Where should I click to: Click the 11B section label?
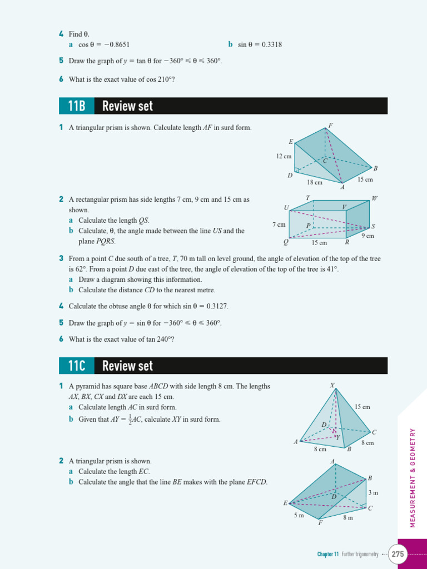coord(77,106)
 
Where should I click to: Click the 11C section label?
coord(77,366)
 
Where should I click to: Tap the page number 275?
coord(398,554)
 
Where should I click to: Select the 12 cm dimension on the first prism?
coord(284,157)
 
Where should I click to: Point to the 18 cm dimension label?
coord(315,182)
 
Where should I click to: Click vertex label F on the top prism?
coord(330,126)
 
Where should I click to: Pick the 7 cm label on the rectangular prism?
coord(279,224)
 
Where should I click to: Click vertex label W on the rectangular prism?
coord(374,198)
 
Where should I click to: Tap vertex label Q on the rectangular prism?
coord(286,242)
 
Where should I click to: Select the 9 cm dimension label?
coord(368,236)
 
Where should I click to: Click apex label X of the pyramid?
coord(332,385)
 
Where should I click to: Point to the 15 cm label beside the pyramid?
coord(362,407)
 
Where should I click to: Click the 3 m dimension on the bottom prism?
coord(373,493)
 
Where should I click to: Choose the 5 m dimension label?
coord(299,516)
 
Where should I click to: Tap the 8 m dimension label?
coord(348,518)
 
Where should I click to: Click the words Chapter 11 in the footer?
coord(328,554)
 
